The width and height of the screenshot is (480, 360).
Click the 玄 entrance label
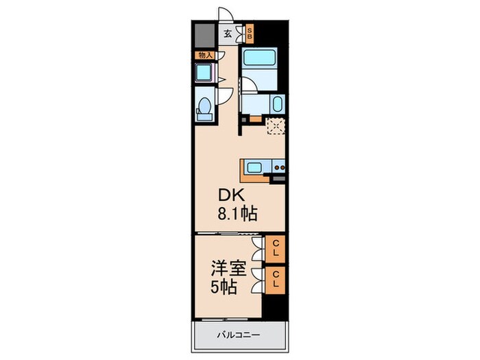click(x=227, y=33)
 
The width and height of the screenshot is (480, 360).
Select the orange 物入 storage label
click(x=204, y=55)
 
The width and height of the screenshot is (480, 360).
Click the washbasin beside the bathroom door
click(x=276, y=105)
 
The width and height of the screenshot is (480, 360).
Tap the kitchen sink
click(x=254, y=166)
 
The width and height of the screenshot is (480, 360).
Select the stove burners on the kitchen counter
click(x=279, y=166)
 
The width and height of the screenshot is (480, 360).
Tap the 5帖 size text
click(x=225, y=286)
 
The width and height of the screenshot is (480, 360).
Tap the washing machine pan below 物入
click(x=203, y=73)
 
